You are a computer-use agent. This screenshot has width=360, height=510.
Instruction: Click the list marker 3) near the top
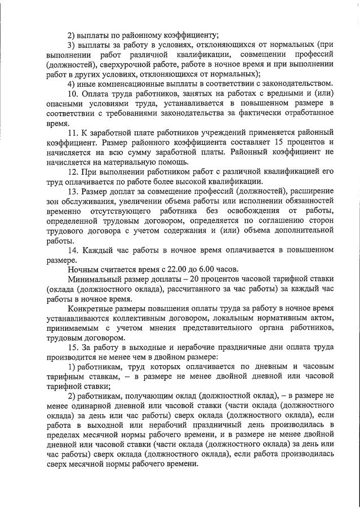click(x=71, y=44)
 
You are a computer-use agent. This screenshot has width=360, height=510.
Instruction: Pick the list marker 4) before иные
click(x=71, y=83)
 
